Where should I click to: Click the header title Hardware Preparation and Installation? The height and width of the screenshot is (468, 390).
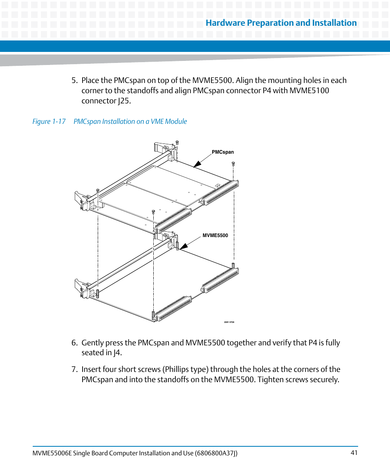click(281, 23)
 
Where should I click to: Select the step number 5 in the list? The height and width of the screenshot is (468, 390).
click(74, 81)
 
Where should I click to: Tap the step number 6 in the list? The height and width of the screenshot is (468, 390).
click(74, 343)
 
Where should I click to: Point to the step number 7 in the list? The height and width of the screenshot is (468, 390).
click(74, 369)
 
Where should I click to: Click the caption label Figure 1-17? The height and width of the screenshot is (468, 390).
click(49, 121)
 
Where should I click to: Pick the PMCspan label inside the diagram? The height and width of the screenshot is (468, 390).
click(223, 152)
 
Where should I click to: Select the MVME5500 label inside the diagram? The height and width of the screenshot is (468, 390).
click(215, 235)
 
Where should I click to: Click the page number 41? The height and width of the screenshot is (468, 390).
click(354, 452)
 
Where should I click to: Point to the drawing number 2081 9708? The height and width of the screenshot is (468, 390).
click(229, 322)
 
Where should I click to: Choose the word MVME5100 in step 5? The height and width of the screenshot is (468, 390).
click(309, 90)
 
